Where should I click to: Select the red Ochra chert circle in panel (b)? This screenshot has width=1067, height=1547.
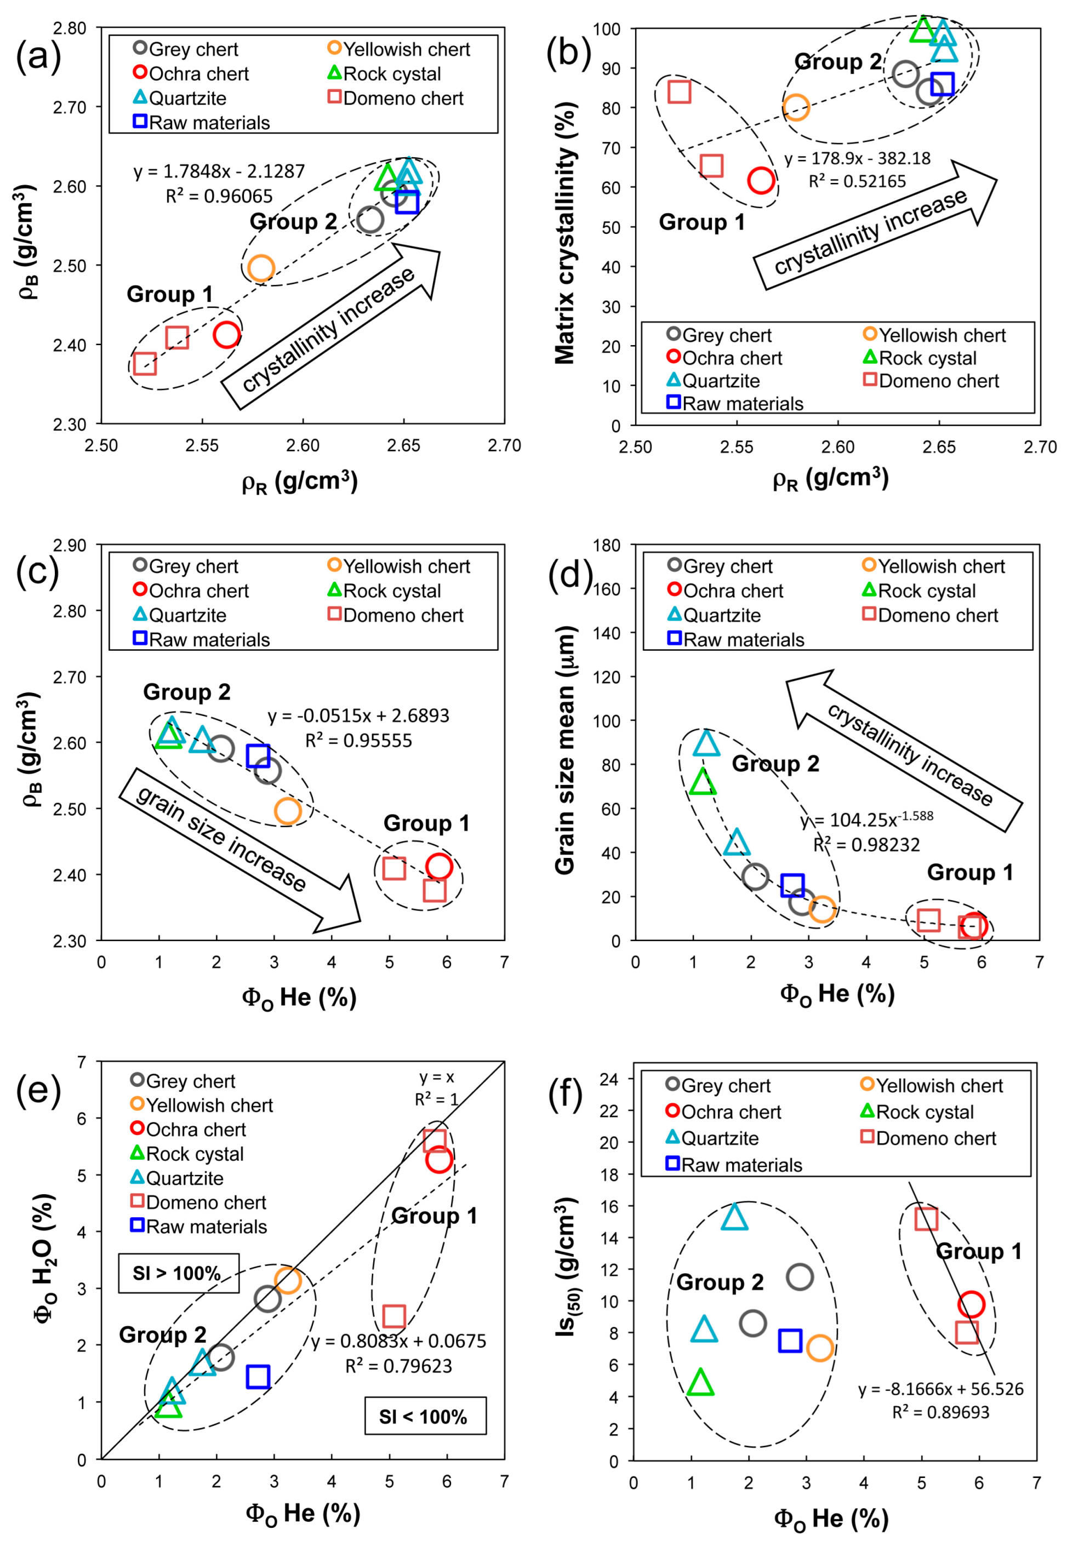pos(761,180)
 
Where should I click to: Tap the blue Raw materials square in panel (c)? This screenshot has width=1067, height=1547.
pos(258,756)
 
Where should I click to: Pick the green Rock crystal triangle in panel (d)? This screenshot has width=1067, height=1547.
pos(703,782)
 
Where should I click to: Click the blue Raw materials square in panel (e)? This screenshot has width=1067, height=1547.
pos(258,1377)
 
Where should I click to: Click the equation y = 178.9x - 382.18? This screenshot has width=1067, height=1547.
pos(857,158)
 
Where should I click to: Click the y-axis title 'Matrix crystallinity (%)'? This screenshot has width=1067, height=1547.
pos(566,233)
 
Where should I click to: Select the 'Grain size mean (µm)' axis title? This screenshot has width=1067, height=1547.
pos(566,750)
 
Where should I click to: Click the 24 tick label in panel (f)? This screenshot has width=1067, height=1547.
pos(608,1079)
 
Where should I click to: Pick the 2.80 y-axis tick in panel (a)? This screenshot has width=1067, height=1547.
pos(70,28)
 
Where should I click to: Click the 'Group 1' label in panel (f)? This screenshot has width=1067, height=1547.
pos(978,1252)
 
